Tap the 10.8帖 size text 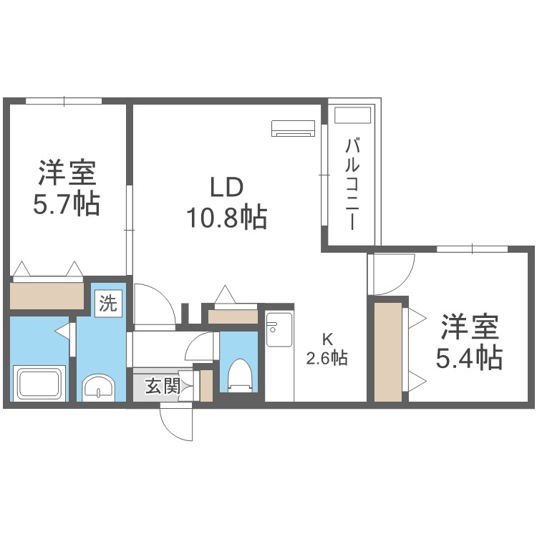227,216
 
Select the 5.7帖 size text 66,204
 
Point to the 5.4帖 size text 470,356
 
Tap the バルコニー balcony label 352,183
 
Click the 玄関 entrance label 162,387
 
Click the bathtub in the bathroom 40,384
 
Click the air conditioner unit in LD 294,128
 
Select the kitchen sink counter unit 279,355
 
